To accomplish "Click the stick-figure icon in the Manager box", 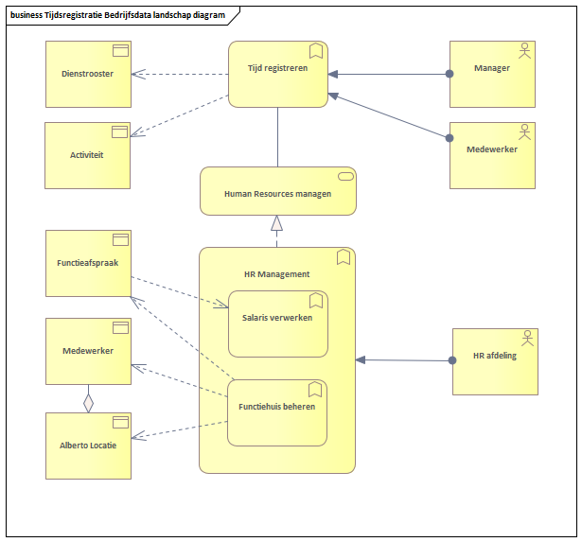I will [x=523, y=50].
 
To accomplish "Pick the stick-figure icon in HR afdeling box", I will [x=526, y=338].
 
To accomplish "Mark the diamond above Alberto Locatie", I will [x=88, y=400].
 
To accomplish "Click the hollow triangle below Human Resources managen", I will [x=277, y=223].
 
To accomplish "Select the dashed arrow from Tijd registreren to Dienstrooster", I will [x=180, y=74].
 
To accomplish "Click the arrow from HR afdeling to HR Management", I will [x=402, y=359].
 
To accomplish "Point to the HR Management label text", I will [x=276, y=274].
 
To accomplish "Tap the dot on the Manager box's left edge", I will [x=450, y=74].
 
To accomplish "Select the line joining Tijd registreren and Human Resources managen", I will [x=277, y=137].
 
